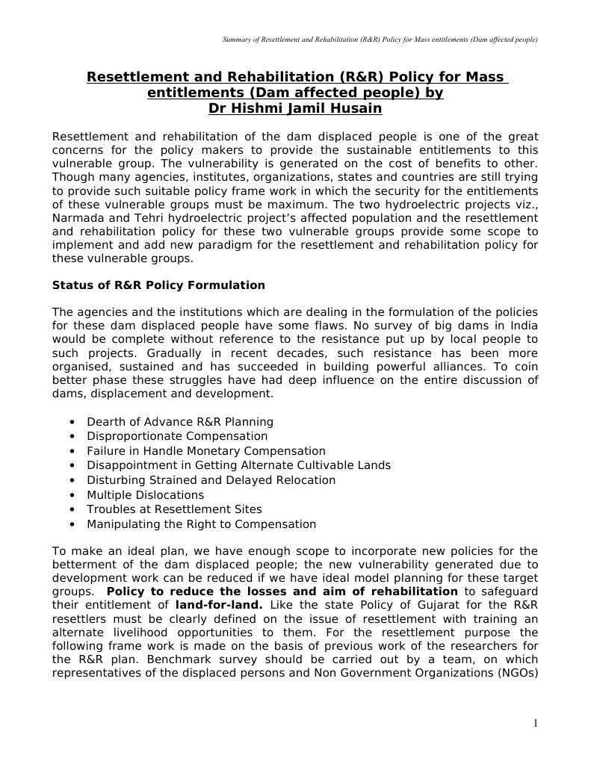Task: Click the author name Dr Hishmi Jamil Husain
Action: point(295,109)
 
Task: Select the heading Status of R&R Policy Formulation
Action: point(158,285)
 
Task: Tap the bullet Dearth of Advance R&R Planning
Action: point(180,422)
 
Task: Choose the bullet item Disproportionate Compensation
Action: point(177,436)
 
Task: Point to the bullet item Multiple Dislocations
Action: point(145,495)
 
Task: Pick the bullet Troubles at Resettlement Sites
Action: point(174,509)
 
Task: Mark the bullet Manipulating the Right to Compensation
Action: point(201,524)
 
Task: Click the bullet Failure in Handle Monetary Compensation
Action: point(205,451)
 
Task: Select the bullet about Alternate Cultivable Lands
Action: point(238,465)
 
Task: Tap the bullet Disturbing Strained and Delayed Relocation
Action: point(211,480)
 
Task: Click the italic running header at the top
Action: point(380,39)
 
